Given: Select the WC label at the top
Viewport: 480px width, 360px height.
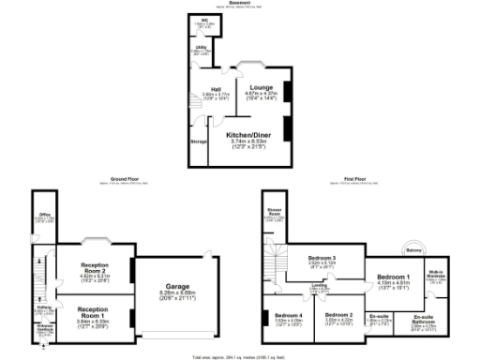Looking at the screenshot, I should point(203,19).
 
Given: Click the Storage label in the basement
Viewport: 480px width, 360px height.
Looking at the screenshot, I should point(199,141).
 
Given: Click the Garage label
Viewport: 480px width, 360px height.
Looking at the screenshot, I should point(176,286).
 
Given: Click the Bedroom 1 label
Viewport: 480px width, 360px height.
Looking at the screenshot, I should point(393,277).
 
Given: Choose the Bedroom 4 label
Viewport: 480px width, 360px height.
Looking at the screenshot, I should point(288,314).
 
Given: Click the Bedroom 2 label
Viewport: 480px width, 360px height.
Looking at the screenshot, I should point(338,314).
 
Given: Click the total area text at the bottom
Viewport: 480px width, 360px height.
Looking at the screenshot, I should point(241,356).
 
